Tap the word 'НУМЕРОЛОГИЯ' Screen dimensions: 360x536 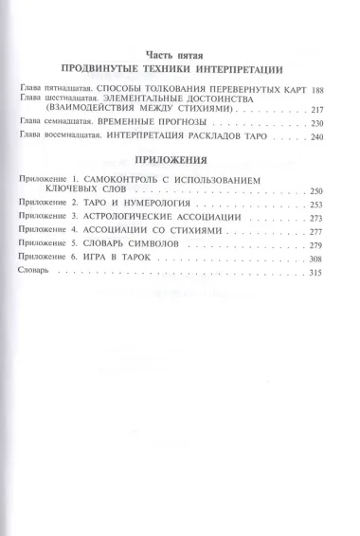(x=150, y=205)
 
